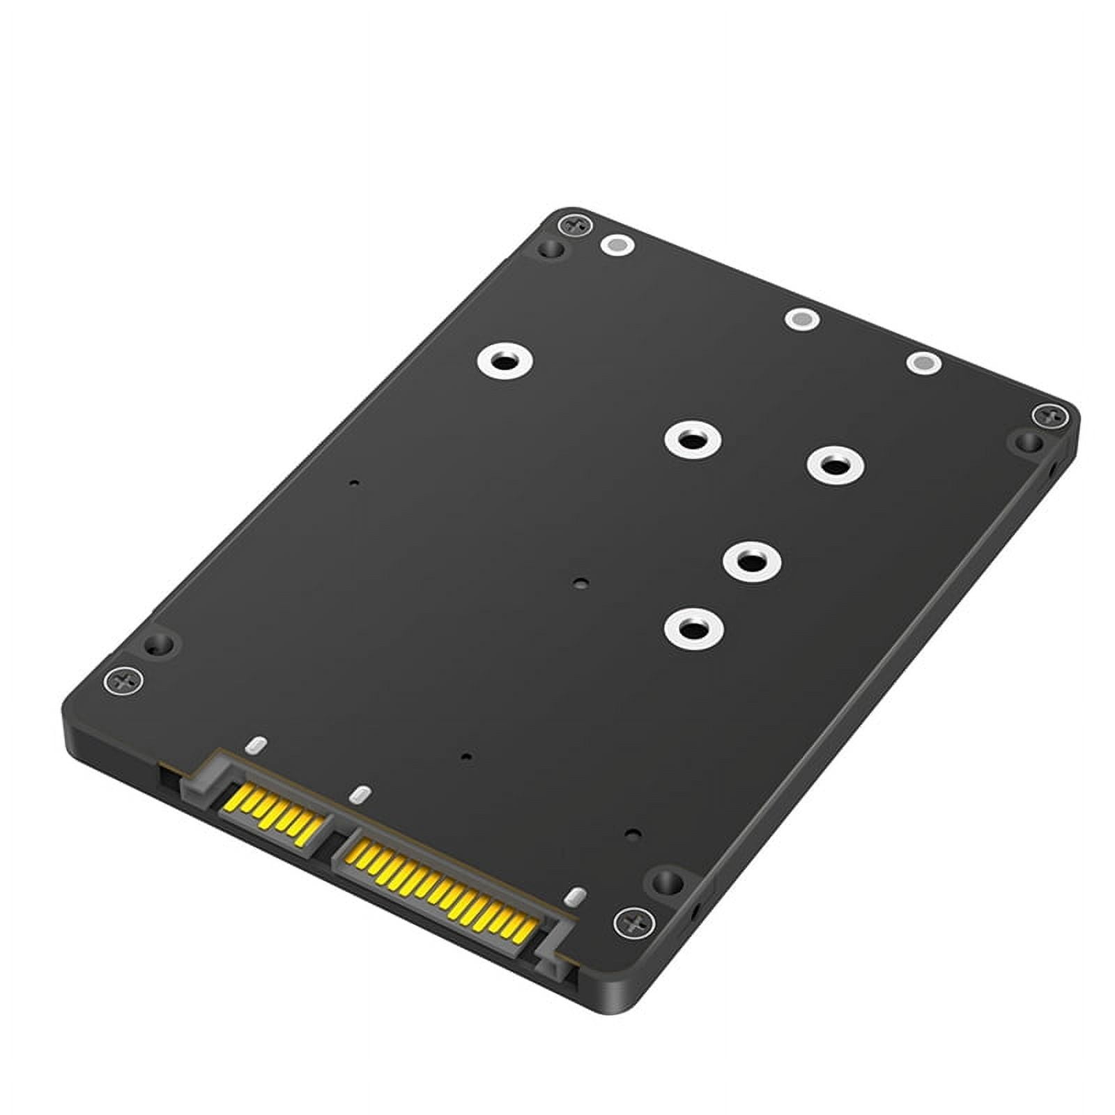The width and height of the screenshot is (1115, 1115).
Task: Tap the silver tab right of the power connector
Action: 576,897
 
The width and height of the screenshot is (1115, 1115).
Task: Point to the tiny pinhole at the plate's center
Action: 579,583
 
